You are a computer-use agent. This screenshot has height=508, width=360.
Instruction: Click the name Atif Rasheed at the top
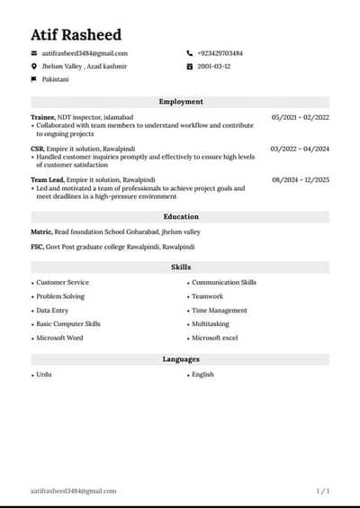point(76,34)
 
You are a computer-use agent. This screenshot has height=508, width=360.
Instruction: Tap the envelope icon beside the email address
point(34,53)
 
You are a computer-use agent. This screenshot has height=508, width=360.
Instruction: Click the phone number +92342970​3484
point(220,53)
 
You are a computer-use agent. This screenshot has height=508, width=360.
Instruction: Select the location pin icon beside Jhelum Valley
point(34,67)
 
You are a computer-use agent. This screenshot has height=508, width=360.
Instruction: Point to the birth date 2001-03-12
point(213,67)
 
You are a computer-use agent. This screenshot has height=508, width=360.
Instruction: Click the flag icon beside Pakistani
point(34,79)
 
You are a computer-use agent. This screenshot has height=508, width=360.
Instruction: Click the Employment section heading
point(180,102)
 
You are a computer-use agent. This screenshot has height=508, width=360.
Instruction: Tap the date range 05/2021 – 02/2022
point(300,117)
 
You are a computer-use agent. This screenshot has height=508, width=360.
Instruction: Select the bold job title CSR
point(37,149)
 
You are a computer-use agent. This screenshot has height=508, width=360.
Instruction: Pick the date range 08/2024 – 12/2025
point(300,179)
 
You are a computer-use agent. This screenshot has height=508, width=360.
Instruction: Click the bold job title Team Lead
point(47,179)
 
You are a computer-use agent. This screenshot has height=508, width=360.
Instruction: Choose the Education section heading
point(180,217)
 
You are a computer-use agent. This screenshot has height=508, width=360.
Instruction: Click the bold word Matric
point(41,231)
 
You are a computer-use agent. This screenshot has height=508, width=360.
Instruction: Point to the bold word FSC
point(38,246)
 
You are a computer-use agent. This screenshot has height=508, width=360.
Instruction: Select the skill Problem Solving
point(60,296)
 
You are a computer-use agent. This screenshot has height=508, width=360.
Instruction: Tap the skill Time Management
point(219,310)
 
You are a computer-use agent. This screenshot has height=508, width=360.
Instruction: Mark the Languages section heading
point(180,359)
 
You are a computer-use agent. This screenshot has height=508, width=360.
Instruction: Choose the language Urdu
point(44,374)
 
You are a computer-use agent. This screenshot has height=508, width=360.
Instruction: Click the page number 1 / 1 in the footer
point(323,491)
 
